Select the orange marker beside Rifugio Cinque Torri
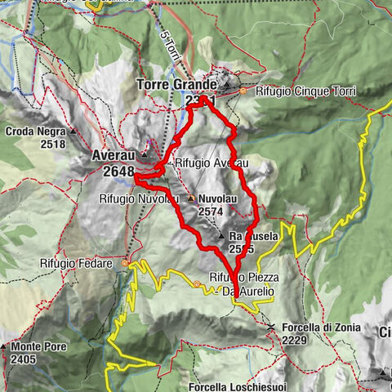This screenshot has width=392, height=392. click(x=243, y=91)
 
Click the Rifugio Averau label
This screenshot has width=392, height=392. click(x=210, y=163)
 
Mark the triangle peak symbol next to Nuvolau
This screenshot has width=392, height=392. click(x=192, y=198)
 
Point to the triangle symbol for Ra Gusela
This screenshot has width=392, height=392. click(x=220, y=235)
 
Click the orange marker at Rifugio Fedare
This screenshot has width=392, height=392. click(x=125, y=264)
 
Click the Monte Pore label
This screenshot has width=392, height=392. click(x=38, y=346)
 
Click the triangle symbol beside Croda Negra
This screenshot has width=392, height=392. click(x=73, y=131)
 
